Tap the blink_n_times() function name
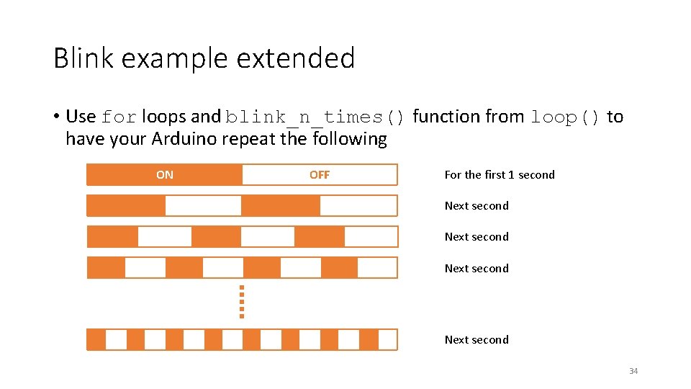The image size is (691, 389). pos(316,117)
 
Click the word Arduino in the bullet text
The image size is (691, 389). pos(184,138)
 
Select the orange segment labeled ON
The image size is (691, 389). pos(164,175)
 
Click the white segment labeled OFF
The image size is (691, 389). pos(320,175)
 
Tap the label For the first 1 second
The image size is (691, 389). pos(500,175)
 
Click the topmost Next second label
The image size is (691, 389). pos(477,206)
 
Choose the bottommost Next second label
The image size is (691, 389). pos(477,340)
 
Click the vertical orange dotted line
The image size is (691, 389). pos(242,301)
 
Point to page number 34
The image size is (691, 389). pos(633,371)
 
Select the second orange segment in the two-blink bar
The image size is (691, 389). pos(280,206)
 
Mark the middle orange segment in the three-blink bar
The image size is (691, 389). pos(216,237)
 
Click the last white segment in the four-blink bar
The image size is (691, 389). pos(377,268)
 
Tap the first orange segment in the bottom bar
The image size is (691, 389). pos(96,339)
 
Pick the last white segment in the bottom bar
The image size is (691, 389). pos(387,339)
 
